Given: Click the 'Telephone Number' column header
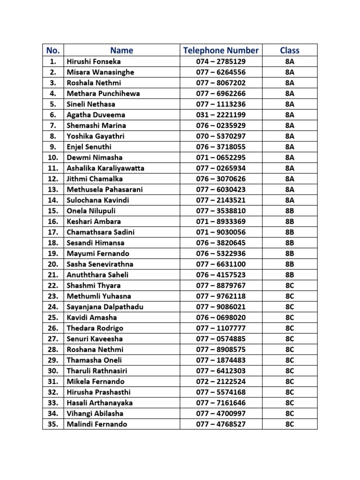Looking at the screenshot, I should coord(220,50).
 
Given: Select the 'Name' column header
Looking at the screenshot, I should coord(121,50).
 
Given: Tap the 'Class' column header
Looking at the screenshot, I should coord(289,50).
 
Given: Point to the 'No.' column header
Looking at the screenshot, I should coord(52,50).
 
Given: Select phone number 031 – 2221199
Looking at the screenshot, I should coord(220,115).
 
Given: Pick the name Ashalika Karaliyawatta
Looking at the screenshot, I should coord(105,168).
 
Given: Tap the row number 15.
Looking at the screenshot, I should coord(52,210).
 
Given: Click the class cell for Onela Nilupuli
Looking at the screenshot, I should coord(289,210).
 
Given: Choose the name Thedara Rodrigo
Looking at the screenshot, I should coord(95,328).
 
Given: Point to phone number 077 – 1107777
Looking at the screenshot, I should coord(220,328).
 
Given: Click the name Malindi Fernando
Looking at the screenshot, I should coord(97,424).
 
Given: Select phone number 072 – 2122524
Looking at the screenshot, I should coord(220,381).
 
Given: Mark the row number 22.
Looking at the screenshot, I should coord(52,285).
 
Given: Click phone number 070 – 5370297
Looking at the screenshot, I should coord(220,136).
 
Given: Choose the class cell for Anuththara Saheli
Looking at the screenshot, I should coord(289,275).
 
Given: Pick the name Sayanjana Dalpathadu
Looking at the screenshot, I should coord(105,307).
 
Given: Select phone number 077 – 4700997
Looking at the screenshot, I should coord(220,413).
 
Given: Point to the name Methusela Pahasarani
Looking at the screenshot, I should coord(105,189).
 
